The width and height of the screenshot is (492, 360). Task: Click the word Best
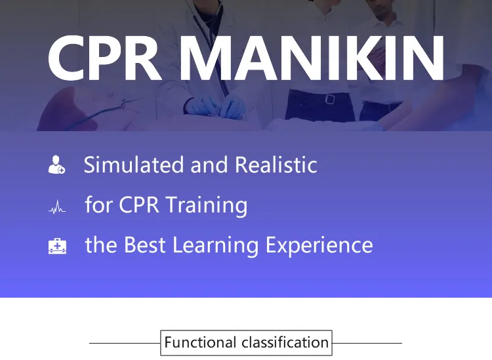pos(146,245)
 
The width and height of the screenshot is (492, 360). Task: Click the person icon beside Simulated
pos(56,165)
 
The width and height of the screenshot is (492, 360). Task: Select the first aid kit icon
pos(57,247)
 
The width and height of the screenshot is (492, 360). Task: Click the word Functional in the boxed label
pos(200,342)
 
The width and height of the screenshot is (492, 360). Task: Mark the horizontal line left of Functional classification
pos(125,343)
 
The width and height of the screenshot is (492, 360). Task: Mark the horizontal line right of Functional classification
pos(367,343)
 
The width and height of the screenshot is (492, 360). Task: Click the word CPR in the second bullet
pos(138,205)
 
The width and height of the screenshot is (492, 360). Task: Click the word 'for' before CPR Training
pos(99,205)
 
